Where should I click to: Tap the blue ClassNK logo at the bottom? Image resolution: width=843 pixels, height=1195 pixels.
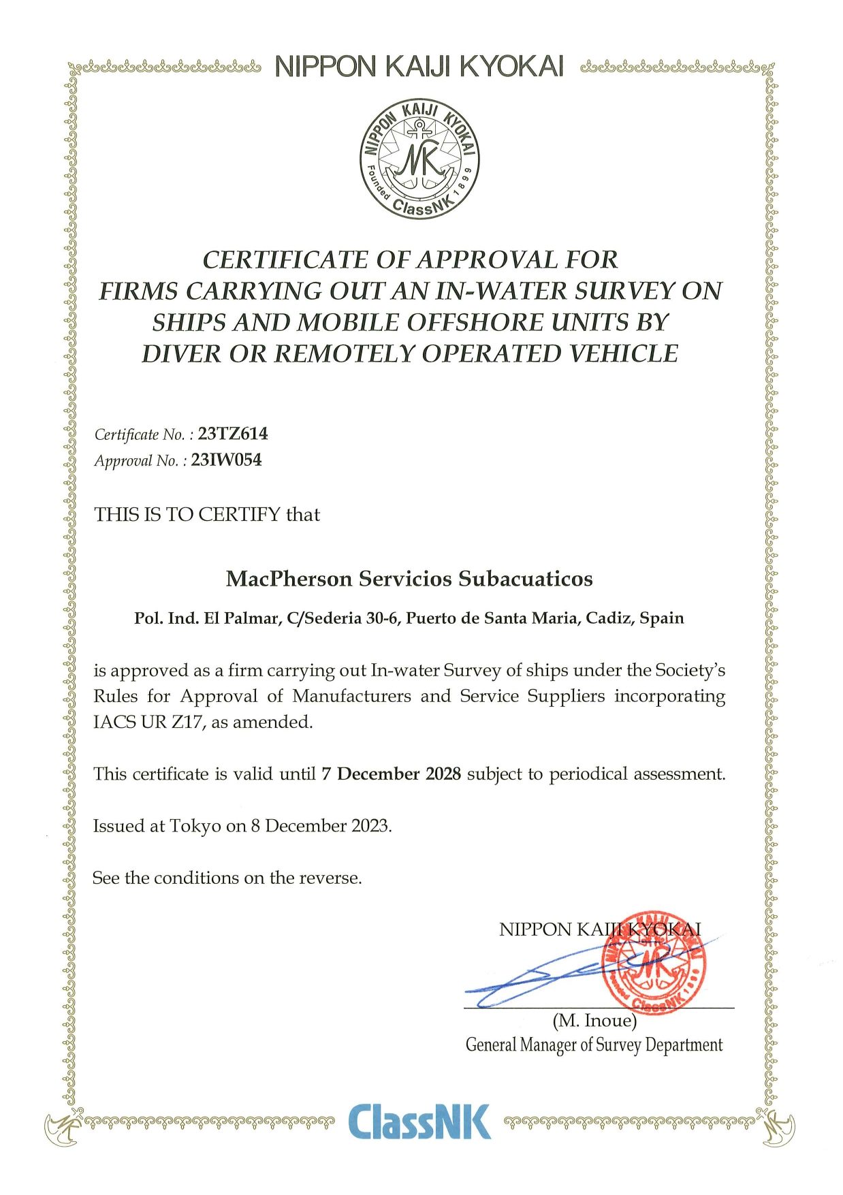pos(419,1121)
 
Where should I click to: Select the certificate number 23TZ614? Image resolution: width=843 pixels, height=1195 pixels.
pos(232,434)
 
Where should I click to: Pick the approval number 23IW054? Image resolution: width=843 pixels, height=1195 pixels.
pos(226,460)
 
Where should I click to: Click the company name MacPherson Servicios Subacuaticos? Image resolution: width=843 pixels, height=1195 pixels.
pos(409,579)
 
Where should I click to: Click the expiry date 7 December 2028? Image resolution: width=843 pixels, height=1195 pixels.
pos(392,774)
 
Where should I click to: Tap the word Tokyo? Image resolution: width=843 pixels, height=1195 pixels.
pos(195,826)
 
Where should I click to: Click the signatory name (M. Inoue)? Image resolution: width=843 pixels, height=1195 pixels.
pos(594,1021)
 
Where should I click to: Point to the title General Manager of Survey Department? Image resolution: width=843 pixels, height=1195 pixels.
pos(594,1045)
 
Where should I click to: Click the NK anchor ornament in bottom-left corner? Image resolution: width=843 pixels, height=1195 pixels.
pos(62,1126)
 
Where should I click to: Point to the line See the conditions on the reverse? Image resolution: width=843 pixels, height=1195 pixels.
pos(227,878)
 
